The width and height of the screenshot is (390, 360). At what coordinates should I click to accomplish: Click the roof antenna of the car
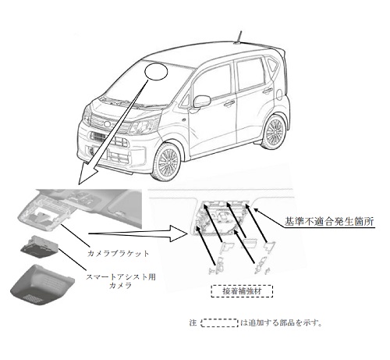click(239, 38)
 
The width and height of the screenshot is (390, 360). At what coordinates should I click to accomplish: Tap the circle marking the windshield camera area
click(156, 71)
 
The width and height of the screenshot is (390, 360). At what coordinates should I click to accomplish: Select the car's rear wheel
click(275, 131)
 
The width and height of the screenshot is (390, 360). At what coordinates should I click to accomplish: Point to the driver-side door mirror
click(201, 102)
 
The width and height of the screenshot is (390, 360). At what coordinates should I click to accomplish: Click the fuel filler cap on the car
click(279, 94)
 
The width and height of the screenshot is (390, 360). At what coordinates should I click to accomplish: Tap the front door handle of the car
click(229, 104)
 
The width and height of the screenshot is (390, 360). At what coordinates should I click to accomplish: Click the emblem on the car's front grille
click(107, 123)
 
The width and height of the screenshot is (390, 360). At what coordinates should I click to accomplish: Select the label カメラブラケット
click(118, 253)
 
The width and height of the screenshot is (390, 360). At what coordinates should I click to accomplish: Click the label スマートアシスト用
click(121, 276)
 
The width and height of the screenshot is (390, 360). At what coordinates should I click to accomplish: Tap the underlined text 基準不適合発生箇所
click(329, 222)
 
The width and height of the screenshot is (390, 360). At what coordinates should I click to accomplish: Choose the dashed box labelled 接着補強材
click(242, 291)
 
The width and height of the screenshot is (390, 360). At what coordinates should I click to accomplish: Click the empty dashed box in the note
click(220, 323)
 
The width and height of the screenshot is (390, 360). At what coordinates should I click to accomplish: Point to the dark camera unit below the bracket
click(40, 247)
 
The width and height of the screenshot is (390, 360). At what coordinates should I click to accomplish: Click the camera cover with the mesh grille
click(42, 284)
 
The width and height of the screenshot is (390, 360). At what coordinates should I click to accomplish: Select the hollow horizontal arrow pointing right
click(138, 233)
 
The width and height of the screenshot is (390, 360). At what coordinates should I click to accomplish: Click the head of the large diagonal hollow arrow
click(87, 174)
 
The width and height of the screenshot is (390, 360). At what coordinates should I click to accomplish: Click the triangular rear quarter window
click(272, 66)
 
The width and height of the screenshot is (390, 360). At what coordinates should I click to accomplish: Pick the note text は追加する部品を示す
click(281, 323)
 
